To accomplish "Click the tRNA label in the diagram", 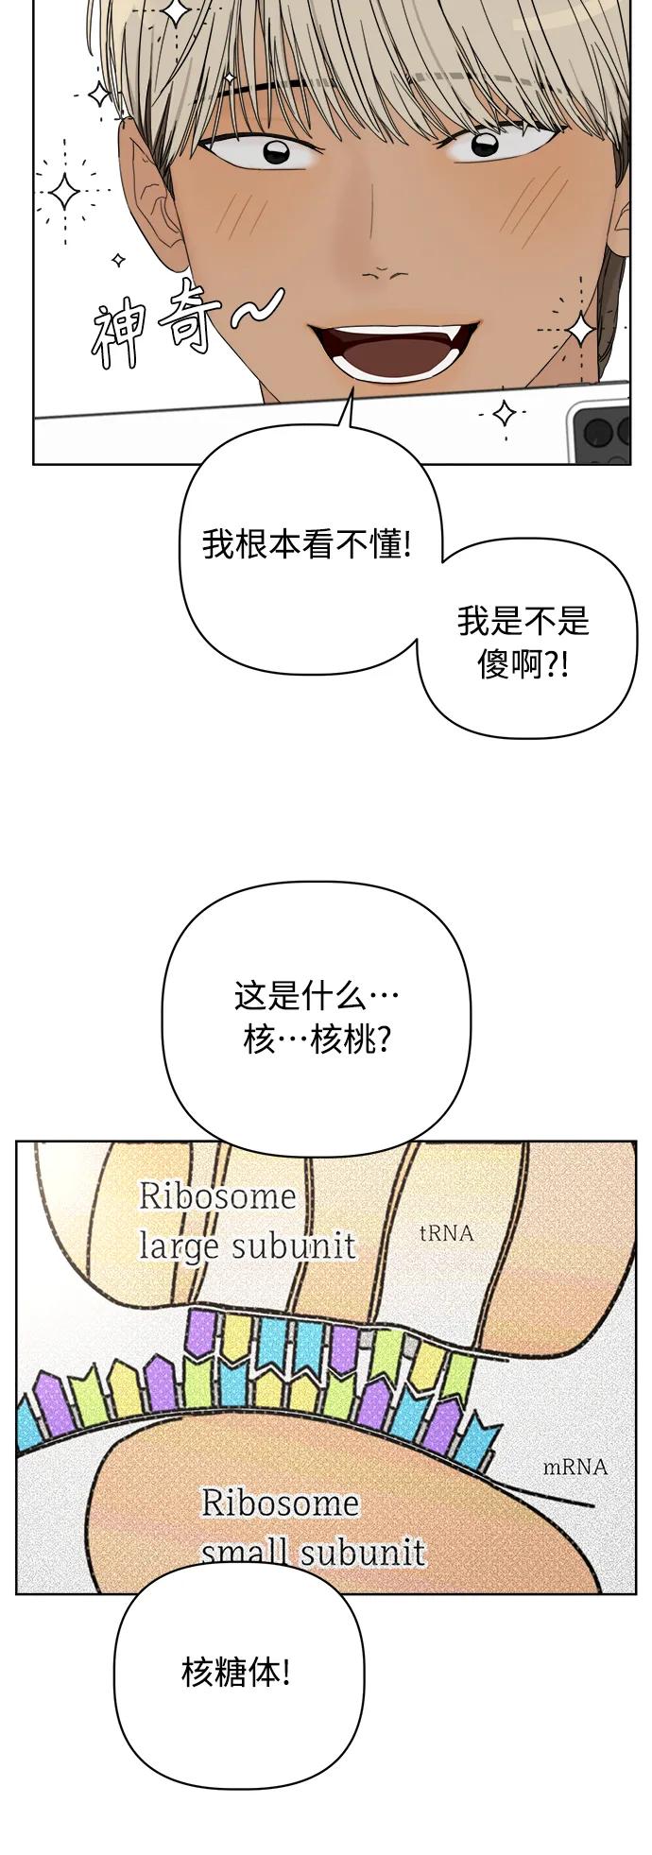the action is tap(446, 1233).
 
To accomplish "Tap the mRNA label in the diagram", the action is tap(575, 1467).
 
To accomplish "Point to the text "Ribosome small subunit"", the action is tap(313, 1527).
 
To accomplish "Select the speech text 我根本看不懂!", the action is tap(307, 544).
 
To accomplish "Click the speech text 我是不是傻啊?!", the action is tap(523, 643).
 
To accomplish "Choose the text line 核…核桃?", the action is tap(317, 1040).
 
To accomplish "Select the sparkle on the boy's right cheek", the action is tap(580, 328).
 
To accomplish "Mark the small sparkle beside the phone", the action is tap(505, 413).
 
